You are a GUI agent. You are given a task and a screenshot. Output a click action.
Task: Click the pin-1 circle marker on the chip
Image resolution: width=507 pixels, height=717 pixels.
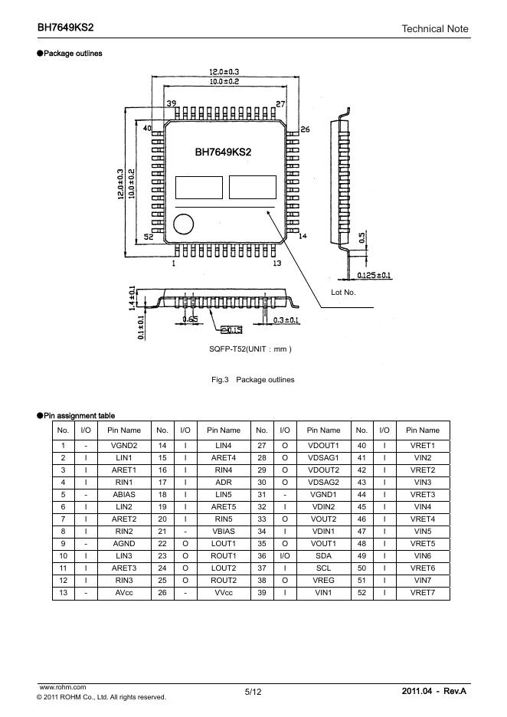(x=183, y=224)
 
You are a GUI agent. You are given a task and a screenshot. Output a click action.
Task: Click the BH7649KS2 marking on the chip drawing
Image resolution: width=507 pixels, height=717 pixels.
(x=223, y=152)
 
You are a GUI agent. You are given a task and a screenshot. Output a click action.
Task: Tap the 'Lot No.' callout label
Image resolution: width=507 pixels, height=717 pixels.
(x=343, y=292)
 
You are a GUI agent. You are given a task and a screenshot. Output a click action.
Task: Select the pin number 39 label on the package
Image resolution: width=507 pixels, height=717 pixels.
(x=172, y=103)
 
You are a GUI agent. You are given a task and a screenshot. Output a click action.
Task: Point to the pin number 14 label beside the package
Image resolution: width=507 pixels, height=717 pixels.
(x=303, y=236)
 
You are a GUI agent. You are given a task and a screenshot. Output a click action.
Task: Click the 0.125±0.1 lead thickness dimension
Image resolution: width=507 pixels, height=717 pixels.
(x=374, y=275)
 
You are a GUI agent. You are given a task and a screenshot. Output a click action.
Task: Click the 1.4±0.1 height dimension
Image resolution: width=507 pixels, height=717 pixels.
(x=132, y=298)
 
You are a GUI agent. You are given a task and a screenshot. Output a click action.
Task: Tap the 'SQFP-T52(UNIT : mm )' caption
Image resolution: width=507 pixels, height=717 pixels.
(x=250, y=349)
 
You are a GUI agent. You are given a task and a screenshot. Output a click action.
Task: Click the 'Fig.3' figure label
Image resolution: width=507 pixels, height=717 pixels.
(x=220, y=379)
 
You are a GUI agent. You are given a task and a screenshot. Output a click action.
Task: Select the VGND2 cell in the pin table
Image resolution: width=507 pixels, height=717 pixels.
(x=124, y=445)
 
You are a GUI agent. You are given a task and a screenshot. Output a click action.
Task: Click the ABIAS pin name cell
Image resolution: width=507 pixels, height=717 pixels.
(x=124, y=494)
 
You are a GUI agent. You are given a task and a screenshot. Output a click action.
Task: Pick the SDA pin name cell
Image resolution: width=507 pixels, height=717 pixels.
(x=323, y=555)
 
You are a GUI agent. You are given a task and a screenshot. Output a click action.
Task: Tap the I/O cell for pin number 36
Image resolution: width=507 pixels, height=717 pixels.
(x=285, y=555)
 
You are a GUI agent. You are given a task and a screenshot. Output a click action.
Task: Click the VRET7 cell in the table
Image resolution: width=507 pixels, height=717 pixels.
(x=423, y=593)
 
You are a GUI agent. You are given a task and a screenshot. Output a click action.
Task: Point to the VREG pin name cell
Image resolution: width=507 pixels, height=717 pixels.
(x=323, y=581)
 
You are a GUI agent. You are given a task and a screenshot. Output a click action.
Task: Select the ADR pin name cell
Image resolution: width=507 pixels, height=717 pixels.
(x=224, y=482)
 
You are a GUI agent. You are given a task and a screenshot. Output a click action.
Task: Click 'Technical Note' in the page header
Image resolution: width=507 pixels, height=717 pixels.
(x=435, y=29)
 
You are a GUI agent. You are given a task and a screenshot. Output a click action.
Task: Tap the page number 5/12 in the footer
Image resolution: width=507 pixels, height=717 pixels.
(x=253, y=692)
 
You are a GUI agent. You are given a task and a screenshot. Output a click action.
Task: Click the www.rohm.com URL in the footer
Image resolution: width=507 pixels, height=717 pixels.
(x=63, y=687)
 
